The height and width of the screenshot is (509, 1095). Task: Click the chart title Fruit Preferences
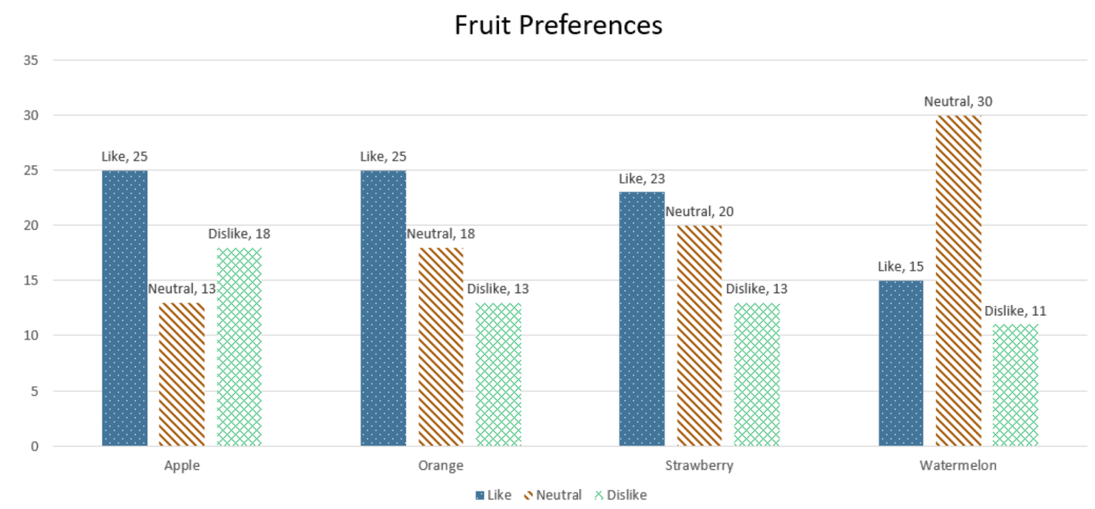pos(558,25)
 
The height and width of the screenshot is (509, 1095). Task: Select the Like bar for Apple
pos(125,308)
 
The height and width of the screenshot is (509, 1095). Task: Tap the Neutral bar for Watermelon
pos(958,281)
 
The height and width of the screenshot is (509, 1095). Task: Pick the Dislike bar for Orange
pos(498,375)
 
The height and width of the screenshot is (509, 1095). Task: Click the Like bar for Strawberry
pos(642,319)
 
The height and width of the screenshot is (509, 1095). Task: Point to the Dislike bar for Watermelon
pos(1016,385)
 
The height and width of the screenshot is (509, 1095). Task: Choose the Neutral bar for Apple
pos(182,375)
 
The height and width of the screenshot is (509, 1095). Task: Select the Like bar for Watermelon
pos(901,363)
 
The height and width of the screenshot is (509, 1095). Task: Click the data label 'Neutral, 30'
pos(958,101)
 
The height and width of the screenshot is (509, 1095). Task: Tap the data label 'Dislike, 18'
pos(240,234)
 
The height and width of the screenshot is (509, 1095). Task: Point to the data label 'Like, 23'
pos(642,179)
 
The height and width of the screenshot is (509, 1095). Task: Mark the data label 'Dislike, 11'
pos(1016,311)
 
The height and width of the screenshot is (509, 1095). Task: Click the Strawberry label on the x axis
pos(699,465)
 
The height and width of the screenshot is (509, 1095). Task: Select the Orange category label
pos(441,465)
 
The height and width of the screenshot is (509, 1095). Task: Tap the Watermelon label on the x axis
pos(958,465)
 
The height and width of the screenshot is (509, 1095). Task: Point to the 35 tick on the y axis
pos(31,60)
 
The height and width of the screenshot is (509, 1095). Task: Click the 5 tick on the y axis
pos(34,391)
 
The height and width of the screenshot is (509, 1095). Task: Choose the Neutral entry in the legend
pos(553,495)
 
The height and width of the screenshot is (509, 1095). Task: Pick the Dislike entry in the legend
pos(621,495)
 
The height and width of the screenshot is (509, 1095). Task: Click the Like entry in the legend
pos(493,495)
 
